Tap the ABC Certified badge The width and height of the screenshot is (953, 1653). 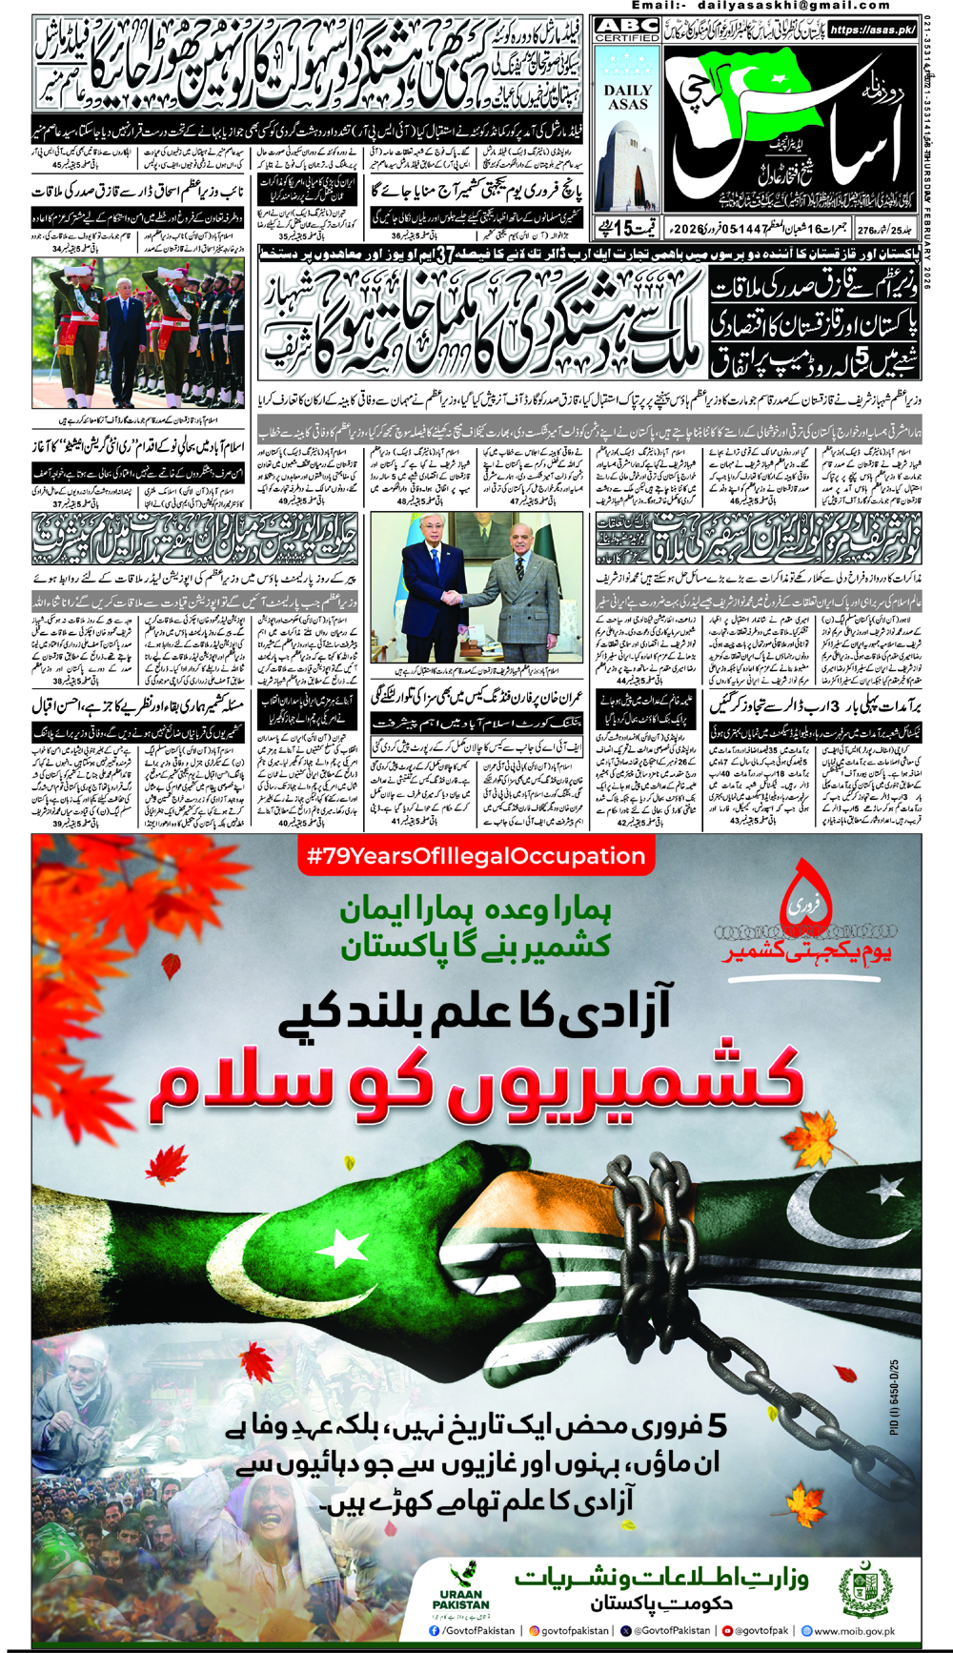click(627, 30)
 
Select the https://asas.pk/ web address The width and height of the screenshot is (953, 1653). click(872, 30)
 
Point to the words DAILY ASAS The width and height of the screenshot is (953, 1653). click(627, 96)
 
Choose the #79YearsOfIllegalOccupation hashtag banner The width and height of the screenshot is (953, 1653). click(476, 856)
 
